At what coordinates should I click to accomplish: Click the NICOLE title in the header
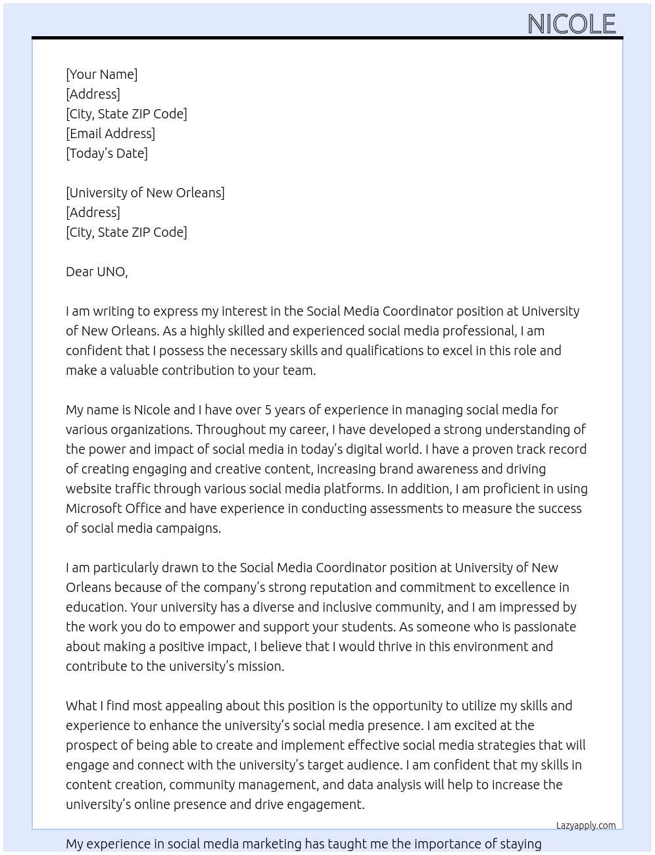pos(571,24)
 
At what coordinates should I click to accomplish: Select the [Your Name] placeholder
pos(101,74)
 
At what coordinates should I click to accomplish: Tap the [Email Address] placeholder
pos(110,134)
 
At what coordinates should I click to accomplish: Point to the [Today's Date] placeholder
pos(107,153)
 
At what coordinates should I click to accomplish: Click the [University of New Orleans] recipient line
pos(145,193)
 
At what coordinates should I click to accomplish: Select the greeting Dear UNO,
pos(97,272)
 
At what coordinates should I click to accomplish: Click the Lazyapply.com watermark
pos(585,825)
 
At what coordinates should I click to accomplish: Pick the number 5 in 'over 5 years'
pos(268,410)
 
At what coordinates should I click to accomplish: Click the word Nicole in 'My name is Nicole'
pos(151,410)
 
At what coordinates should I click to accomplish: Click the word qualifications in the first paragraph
pos(389,351)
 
